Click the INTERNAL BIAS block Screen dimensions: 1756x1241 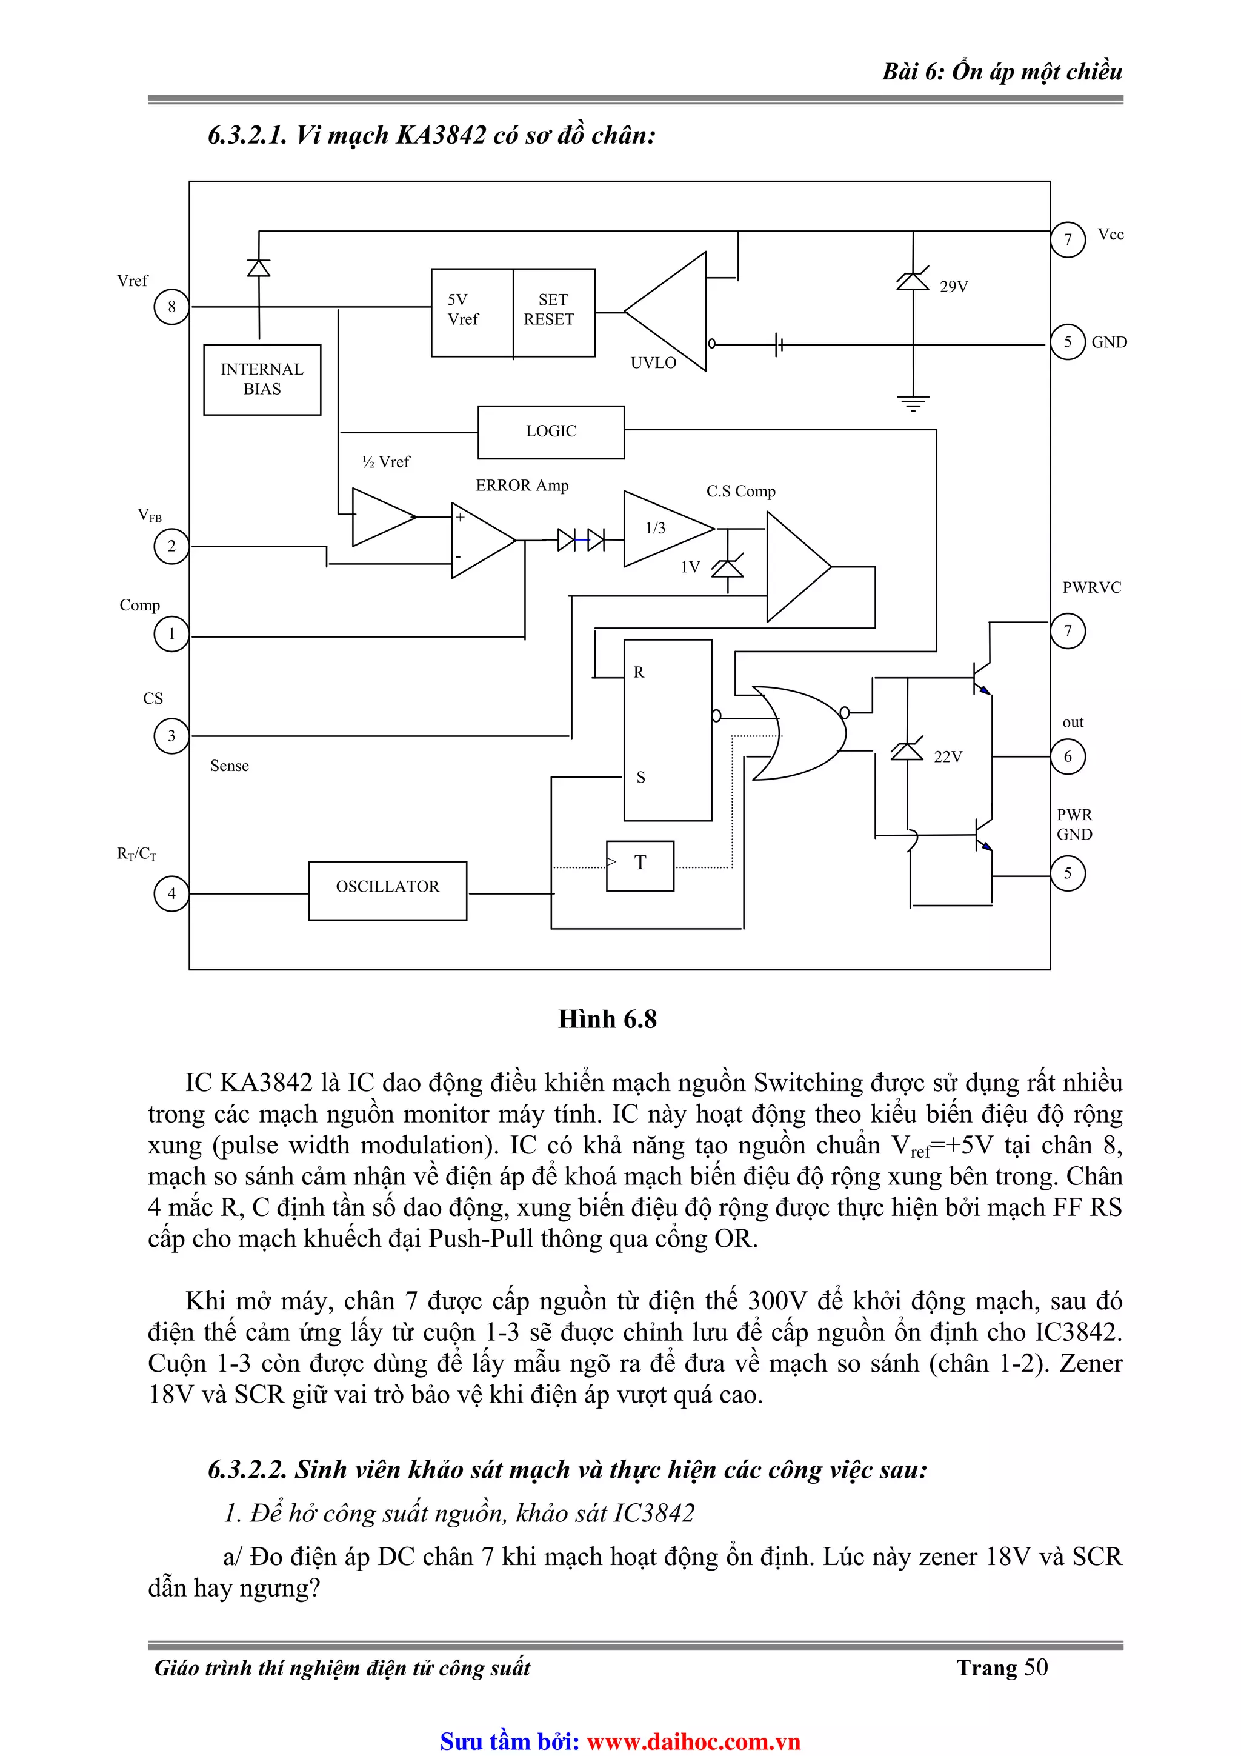(262, 379)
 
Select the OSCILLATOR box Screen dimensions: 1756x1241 (387, 890)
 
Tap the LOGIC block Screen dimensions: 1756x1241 (551, 432)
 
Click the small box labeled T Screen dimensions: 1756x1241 (640, 865)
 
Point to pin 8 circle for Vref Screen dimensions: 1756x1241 (171, 307)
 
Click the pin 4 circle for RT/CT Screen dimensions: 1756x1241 (171, 893)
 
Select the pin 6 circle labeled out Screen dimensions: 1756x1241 (1068, 756)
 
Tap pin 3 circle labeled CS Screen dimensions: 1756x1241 (171, 736)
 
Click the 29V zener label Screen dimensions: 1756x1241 (954, 287)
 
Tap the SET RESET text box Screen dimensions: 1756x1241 (553, 310)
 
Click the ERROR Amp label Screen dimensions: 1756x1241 (522, 486)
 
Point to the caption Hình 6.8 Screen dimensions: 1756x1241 (607, 1020)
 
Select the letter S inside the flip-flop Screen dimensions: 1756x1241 (640, 778)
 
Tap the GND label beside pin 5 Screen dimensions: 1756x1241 (1109, 342)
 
